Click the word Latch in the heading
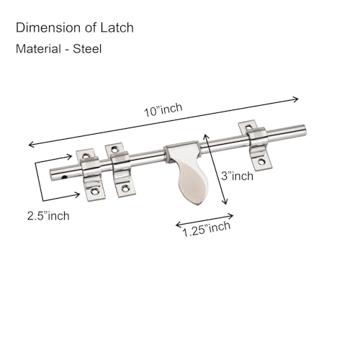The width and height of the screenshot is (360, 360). [117, 27]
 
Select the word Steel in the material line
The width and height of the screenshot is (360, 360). [87, 49]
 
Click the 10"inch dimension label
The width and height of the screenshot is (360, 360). [163, 110]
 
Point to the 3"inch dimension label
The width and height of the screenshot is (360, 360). [237, 176]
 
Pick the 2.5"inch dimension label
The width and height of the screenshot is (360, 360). [48, 216]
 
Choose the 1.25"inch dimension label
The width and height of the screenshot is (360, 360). [207, 229]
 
